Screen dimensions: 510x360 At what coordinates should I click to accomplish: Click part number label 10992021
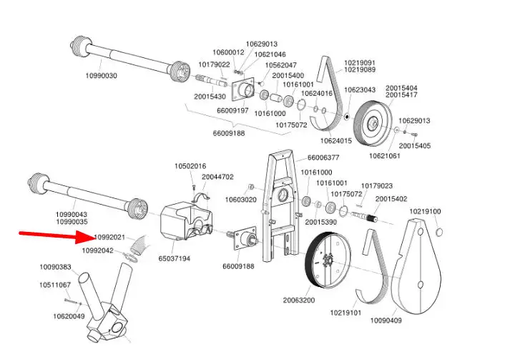pos(109,238)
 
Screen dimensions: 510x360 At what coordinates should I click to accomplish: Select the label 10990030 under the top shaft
pos(101,76)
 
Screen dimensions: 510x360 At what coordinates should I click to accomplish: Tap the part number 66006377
pos(323,157)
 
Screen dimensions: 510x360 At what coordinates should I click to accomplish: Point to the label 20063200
pos(299,300)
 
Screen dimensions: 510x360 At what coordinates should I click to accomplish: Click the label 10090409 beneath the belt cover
pos(386,321)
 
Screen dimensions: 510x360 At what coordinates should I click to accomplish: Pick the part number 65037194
pos(175,259)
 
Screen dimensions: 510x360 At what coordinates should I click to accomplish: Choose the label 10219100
pos(425,212)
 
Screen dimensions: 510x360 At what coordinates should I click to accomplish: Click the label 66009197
pos(232,111)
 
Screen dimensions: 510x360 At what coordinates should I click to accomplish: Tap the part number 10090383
pos(55,267)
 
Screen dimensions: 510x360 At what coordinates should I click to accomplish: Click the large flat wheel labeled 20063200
pos(328,260)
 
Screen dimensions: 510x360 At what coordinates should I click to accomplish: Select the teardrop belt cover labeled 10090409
pos(417,267)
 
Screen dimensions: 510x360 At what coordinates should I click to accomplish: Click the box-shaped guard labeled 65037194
pos(187,220)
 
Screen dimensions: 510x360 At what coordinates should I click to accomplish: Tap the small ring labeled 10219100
pos(438,232)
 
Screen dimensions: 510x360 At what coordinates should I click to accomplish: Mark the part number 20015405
pos(415,145)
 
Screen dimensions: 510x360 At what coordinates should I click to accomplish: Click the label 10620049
pos(69,316)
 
